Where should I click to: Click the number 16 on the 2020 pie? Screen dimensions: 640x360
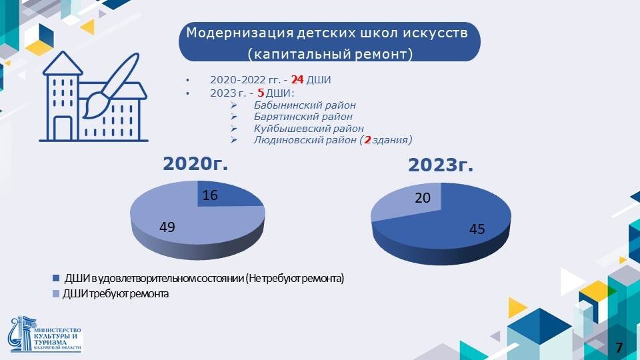210,195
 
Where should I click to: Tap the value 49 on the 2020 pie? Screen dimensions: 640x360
167,227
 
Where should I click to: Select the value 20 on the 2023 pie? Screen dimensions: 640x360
423,198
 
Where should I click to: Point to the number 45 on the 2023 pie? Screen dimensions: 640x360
477,229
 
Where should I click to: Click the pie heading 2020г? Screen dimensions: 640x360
195,164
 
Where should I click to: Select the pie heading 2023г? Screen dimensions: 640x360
441,165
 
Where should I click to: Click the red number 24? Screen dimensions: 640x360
297,79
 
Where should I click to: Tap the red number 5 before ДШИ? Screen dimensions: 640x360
261,93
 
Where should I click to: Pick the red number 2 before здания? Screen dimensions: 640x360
367,140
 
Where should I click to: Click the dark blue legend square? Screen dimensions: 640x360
56,279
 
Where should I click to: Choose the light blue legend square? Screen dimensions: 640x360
56,294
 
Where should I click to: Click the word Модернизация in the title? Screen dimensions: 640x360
239,33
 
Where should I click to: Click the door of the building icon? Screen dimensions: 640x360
63,129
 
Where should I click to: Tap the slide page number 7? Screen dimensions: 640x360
619,348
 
